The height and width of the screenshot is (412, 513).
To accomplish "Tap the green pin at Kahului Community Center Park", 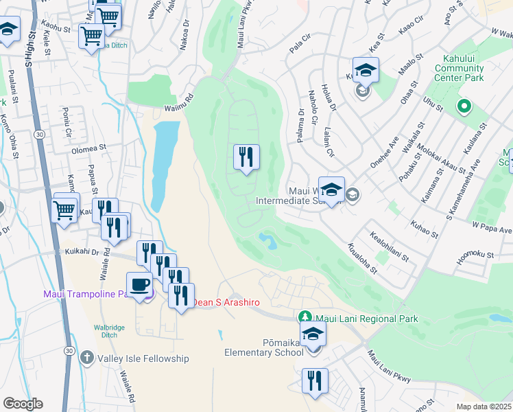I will [x=464, y=106].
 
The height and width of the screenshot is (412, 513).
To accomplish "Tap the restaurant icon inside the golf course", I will [x=246, y=157].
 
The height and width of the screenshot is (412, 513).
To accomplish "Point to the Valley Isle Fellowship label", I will [x=143, y=358].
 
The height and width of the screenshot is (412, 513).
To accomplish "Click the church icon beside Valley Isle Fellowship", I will [x=86, y=358].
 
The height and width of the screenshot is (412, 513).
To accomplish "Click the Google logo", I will [x=23, y=404].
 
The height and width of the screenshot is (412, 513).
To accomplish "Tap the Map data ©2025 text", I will [x=483, y=407].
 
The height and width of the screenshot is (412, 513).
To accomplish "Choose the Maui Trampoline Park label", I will [x=86, y=294].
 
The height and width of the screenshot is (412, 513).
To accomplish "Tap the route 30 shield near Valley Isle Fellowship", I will [x=68, y=350].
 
